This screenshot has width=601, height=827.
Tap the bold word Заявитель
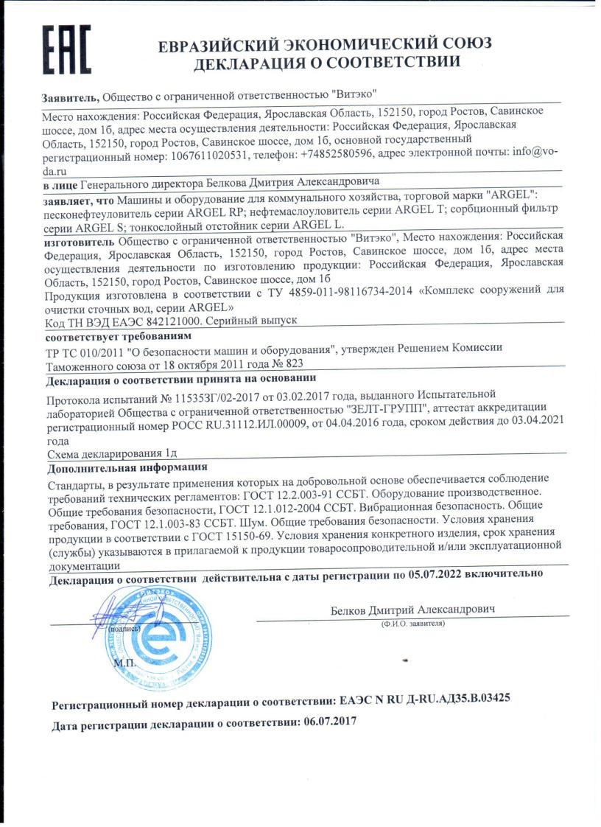(x=70, y=97)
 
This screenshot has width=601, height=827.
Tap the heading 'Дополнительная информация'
(x=127, y=468)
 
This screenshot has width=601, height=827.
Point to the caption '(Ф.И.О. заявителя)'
(x=412, y=624)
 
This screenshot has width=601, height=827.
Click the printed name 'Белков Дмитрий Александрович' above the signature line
(x=413, y=610)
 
